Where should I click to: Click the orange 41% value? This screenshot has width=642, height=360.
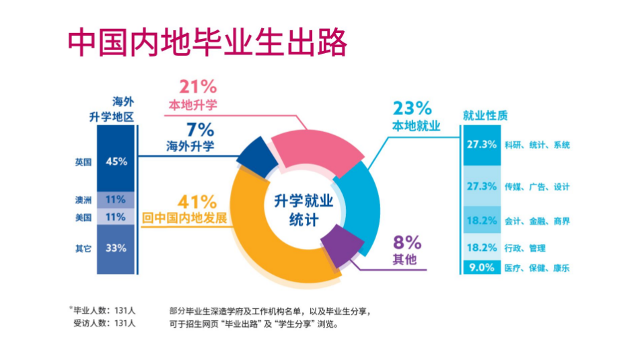pos(197,202)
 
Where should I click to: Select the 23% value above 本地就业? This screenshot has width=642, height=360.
pos(411,108)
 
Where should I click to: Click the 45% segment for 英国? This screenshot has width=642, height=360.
pos(116,161)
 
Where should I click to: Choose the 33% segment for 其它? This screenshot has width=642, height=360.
pos(116,248)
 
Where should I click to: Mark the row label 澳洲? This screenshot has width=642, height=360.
pos(83,200)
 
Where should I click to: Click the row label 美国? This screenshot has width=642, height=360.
pos(83,217)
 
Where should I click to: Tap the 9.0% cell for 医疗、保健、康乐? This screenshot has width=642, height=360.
pos(482,268)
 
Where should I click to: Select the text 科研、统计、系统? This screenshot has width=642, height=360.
pos(537,145)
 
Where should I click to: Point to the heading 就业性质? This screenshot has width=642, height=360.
pos(482,115)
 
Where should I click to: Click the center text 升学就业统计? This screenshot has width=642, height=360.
pos(303,209)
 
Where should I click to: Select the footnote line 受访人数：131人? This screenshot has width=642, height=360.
pos(104,324)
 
